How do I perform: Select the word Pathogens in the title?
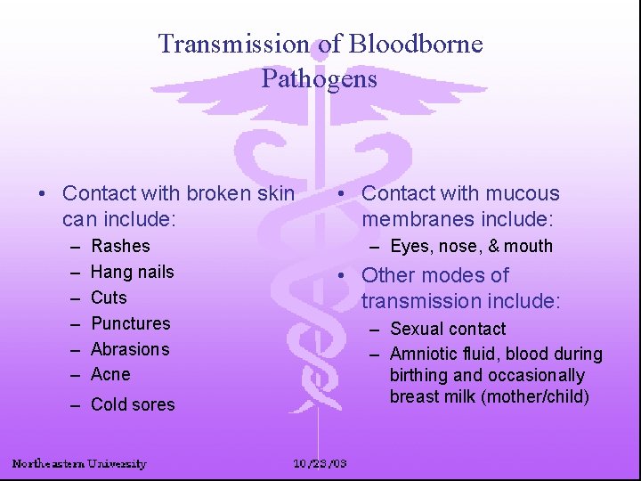pos(320,78)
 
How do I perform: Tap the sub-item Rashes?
pos(120,246)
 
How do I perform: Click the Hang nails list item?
pos(133,272)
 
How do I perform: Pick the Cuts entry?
pos(109,298)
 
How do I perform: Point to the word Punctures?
pos(130,323)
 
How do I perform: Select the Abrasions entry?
pos(130,349)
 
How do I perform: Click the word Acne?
pos(110,374)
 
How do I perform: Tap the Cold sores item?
pos(133,404)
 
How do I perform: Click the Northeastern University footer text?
pos(79,463)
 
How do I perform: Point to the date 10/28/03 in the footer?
pos(320,463)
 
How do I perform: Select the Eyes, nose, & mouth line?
pos(471,247)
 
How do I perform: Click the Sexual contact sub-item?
pos(448,330)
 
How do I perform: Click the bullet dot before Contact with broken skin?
pos(43,194)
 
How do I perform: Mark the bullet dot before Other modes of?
pos(342,276)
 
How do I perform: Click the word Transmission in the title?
pos(234,44)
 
